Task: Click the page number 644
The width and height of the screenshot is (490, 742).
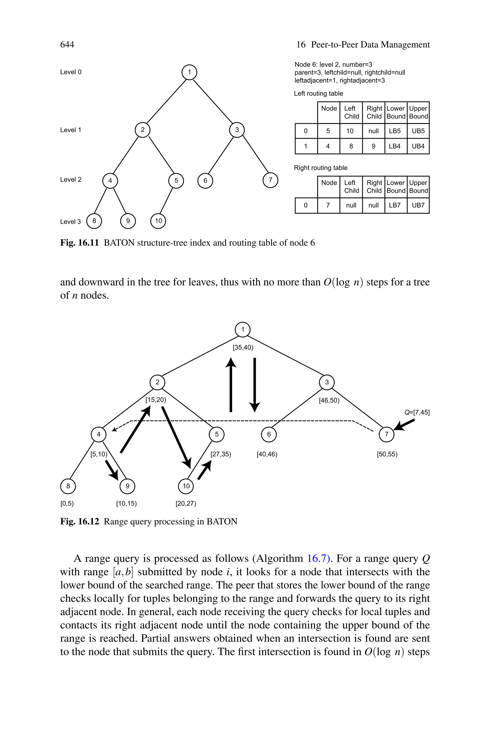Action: tap(67, 45)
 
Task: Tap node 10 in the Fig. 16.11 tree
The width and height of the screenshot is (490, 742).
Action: tap(158, 221)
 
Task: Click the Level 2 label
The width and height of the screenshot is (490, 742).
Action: tap(71, 180)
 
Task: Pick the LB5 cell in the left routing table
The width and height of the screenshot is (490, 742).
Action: tap(395, 131)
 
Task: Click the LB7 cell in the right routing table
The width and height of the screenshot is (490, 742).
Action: tap(395, 205)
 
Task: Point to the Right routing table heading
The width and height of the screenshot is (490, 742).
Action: tap(320, 168)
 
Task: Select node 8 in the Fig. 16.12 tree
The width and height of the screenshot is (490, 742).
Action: tap(68, 486)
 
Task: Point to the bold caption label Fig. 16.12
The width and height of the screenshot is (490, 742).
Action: tap(79, 522)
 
